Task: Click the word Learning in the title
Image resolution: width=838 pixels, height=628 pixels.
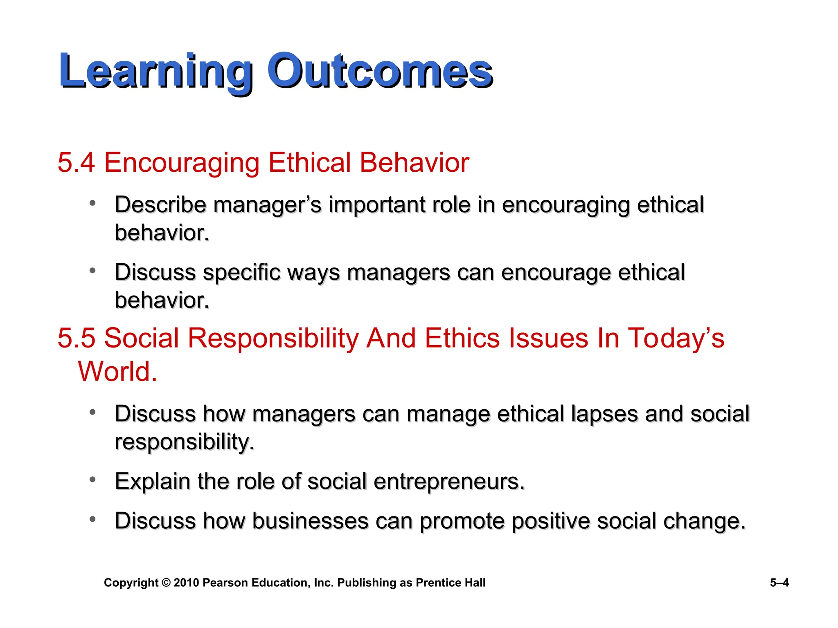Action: click(x=155, y=72)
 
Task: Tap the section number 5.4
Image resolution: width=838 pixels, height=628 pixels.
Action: click(x=76, y=163)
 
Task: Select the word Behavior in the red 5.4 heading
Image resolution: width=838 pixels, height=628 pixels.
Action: click(x=414, y=163)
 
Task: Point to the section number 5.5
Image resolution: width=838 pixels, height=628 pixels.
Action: click(x=76, y=339)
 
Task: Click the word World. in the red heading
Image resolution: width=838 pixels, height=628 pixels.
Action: click(x=117, y=372)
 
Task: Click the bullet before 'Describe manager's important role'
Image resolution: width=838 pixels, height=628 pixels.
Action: click(x=93, y=202)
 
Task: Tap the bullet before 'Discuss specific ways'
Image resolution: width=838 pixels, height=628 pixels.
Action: click(x=93, y=270)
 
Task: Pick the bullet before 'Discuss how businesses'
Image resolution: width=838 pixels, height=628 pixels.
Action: click(x=93, y=519)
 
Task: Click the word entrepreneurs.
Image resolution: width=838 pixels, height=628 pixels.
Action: click(x=449, y=482)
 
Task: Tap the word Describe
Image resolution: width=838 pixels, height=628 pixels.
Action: click(x=160, y=205)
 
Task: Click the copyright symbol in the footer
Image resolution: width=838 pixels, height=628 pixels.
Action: click(x=166, y=583)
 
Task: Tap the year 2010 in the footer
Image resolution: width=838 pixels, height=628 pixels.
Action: click(x=186, y=583)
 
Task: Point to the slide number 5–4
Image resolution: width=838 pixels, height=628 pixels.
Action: click(x=779, y=583)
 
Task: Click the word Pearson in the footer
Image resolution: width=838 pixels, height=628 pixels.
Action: click(x=225, y=583)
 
